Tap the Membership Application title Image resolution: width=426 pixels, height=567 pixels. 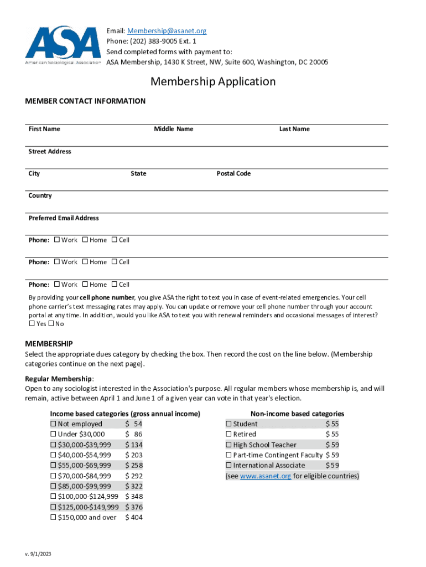tap(213, 81)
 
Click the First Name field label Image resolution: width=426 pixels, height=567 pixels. tap(44, 129)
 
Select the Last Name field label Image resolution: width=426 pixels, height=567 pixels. tap(294, 129)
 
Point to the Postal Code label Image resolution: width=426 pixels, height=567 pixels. tap(233, 173)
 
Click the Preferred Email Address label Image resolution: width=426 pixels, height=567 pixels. tap(64, 218)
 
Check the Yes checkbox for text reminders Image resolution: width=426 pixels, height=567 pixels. tap(32, 324)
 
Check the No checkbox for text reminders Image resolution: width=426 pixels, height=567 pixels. tap(51, 324)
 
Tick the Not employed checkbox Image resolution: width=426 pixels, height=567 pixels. tap(53, 424)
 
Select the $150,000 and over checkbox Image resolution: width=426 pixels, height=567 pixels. tap(53, 517)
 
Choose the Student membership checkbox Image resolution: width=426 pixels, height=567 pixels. tap(228, 424)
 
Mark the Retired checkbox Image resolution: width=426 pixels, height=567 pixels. tap(228, 435)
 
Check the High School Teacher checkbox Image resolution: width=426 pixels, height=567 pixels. tap(228, 445)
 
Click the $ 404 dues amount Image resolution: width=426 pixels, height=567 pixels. tap(134, 517)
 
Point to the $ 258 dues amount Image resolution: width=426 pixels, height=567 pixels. tap(134, 466)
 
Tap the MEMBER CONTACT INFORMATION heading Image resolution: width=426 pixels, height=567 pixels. tap(86, 101)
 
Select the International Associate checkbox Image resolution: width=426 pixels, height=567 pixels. tap(228, 466)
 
